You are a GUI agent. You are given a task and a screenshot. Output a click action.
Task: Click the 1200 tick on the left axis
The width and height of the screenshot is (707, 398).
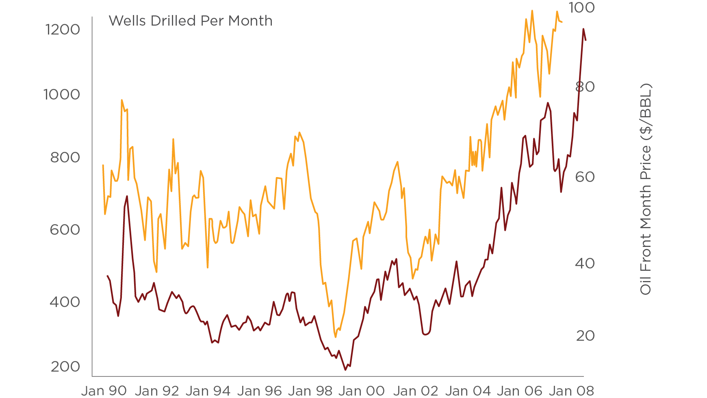tap(63, 30)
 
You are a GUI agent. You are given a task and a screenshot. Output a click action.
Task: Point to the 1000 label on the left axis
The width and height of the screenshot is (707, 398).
tap(62, 95)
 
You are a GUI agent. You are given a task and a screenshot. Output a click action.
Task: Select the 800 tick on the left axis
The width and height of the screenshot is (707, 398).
tap(65, 158)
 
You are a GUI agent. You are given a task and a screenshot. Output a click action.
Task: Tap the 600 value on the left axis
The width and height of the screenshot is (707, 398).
tap(65, 230)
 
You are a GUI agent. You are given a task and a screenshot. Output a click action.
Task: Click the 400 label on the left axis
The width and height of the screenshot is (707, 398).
tap(65, 302)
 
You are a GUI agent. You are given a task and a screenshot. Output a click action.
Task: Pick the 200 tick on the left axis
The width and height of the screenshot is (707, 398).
tap(65, 366)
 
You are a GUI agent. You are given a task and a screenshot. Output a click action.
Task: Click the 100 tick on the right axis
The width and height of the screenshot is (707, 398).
tap(581, 8)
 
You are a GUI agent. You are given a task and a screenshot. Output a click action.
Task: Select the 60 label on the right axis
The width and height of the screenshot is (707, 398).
tap(585, 177)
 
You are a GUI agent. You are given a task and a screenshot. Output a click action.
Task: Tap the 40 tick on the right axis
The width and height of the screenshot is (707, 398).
tap(585, 264)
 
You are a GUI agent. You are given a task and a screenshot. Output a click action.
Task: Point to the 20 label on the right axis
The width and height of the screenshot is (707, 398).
tap(585, 336)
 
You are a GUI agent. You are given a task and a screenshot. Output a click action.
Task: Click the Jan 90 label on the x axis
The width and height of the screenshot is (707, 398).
tap(104, 391)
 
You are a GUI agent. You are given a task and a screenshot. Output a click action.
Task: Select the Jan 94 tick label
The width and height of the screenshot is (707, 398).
tap(208, 391)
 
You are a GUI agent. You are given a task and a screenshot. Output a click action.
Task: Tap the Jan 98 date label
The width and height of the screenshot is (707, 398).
tap(310, 391)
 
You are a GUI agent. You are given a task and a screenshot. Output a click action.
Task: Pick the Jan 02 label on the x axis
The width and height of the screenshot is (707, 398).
tap(416, 391)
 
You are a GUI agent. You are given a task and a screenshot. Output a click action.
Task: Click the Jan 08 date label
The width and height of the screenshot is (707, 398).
tap(571, 391)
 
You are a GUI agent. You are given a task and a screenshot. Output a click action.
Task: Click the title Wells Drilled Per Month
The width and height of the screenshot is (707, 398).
tap(190, 21)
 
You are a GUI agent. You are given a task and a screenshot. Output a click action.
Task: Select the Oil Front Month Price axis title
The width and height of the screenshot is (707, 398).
tap(646, 189)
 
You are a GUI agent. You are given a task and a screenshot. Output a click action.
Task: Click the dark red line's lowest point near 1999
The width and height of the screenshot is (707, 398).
tap(346, 370)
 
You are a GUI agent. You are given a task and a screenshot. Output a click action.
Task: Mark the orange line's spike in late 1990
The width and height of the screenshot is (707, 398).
tap(121, 100)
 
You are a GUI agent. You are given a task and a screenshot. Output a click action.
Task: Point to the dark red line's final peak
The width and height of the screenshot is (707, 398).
tap(583, 29)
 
